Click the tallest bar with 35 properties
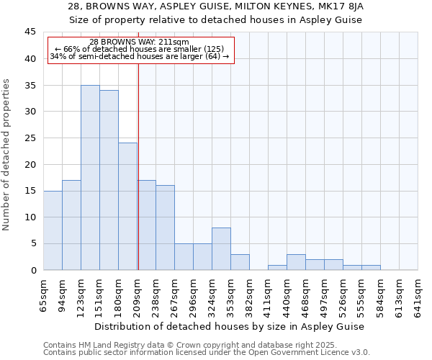click(90, 178)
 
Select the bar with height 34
click(109, 180)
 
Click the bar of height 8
click(221, 249)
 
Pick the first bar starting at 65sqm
click(53, 230)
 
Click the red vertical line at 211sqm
click(138, 166)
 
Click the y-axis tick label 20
click(30, 164)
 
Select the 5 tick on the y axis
click(33, 243)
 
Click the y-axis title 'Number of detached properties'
click(7, 155)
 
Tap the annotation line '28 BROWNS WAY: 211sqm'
click(140, 42)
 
